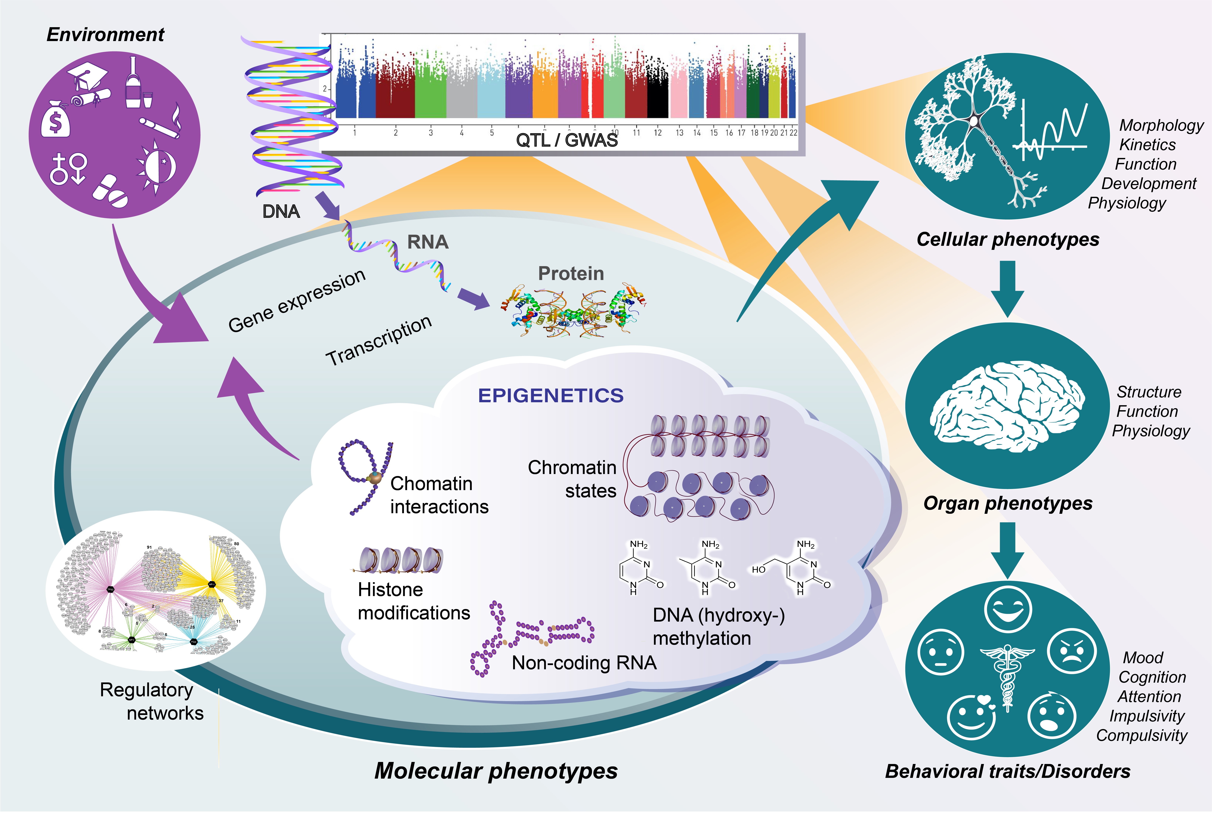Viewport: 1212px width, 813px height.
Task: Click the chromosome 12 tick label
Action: click(657, 133)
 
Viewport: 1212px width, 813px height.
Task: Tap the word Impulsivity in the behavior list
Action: click(1147, 716)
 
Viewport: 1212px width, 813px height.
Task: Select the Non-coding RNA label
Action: click(584, 663)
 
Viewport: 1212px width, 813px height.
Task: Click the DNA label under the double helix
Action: click(281, 212)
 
